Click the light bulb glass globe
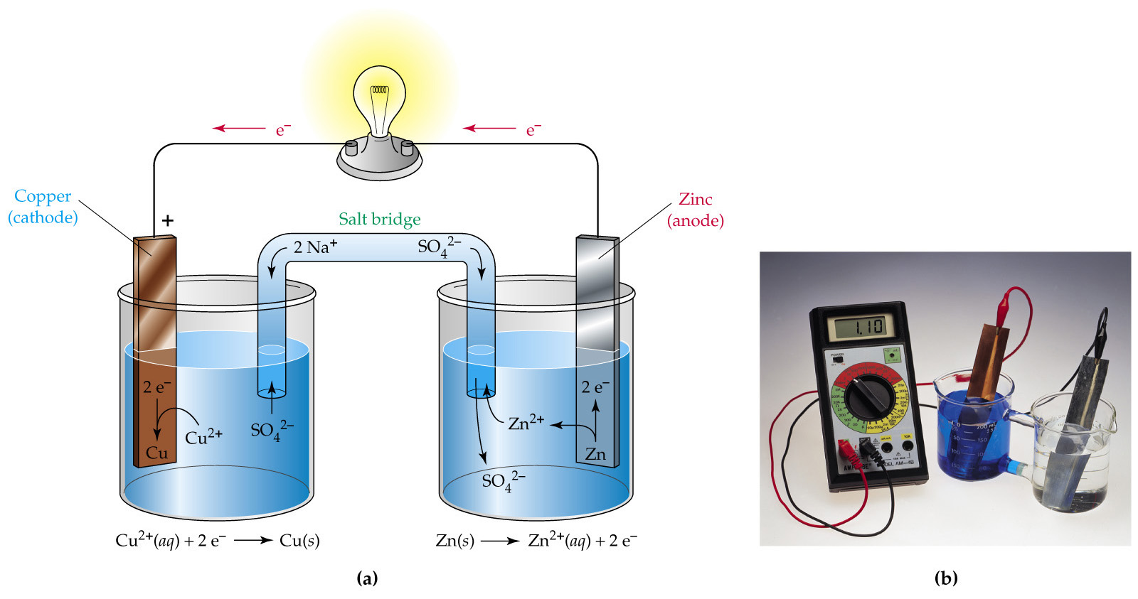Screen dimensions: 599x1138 pyautogui.click(x=379, y=96)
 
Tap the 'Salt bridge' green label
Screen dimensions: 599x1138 pyautogui.click(x=379, y=219)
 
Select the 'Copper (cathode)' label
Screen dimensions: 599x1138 pyautogui.click(x=43, y=207)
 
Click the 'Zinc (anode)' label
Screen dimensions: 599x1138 pyautogui.click(x=695, y=210)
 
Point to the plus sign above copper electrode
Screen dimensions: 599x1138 pyautogui.click(x=168, y=220)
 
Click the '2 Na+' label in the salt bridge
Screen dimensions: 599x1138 pyautogui.click(x=315, y=247)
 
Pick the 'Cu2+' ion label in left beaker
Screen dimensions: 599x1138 pyautogui.click(x=203, y=436)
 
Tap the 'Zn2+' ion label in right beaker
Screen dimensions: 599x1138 pyautogui.click(x=526, y=423)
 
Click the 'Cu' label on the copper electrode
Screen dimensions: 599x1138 pyautogui.click(x=156, y=453)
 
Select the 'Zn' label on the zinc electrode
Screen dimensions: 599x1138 pyautogui.click(x=595, y=454)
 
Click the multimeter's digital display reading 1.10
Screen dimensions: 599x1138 pyautogui.click(x=860, y=327)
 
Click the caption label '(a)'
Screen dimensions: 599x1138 pyautogui.click(x=366, y=578)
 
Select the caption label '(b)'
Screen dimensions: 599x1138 pyautogui.click(x=945, y=578)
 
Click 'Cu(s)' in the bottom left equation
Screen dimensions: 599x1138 pyautogui.click(x=299, y=541)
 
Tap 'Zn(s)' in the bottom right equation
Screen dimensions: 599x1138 pyautogui.click(x=454, y=541)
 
